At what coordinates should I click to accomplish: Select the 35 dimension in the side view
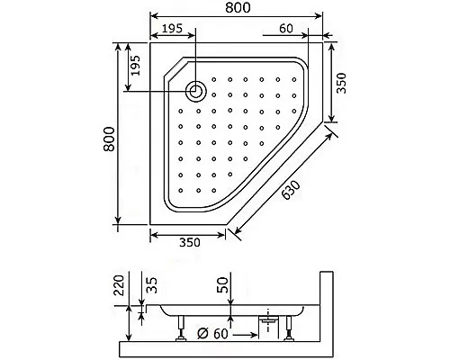[149, 287]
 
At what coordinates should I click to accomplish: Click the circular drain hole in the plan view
[195, 89]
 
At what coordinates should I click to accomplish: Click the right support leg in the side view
[290, 330]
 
